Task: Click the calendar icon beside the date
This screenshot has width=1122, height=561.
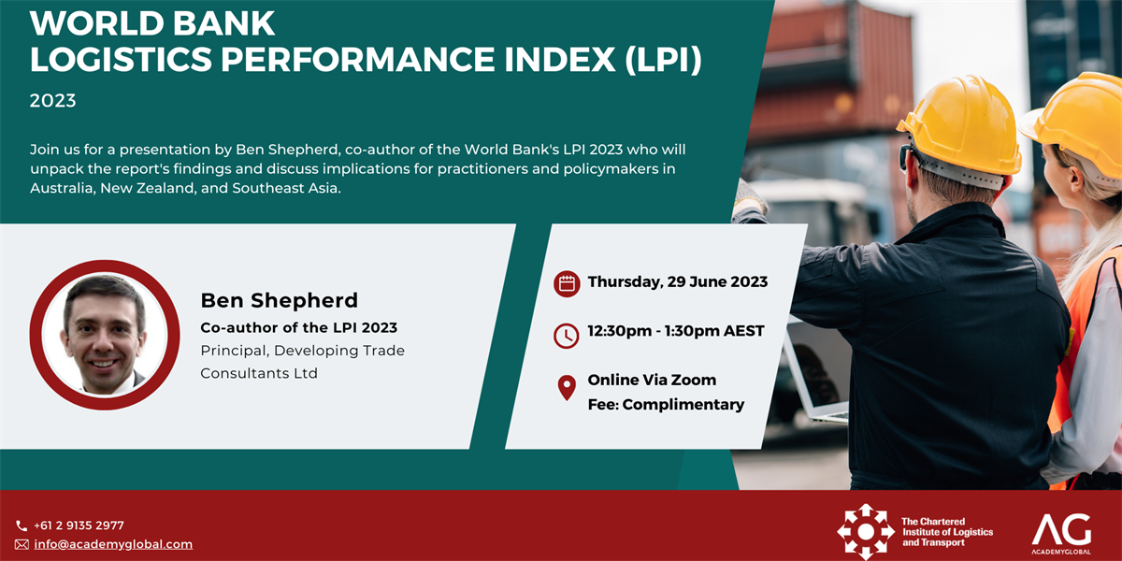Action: (567, 284)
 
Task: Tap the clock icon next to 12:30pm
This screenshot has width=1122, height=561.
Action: (567, 336)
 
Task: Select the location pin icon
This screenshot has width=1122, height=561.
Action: (567, 388)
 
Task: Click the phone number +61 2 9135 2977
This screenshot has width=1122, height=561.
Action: (79, 525)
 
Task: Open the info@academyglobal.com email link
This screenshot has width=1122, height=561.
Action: (113, 544)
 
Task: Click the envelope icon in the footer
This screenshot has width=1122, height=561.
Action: (22, 544)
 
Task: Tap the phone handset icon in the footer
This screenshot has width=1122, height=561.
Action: (22, 525)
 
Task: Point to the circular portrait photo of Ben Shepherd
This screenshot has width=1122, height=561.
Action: (105, 335)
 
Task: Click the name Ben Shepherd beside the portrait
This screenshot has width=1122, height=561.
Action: (279, 300)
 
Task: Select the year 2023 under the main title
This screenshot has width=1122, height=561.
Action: (52, 101)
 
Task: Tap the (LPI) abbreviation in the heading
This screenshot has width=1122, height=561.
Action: (663, 60)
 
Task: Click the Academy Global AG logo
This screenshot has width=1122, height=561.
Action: (1061, 534)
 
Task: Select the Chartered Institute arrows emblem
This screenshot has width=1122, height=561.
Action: (866, 532)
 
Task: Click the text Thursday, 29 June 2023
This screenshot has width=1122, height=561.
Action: (678, 282)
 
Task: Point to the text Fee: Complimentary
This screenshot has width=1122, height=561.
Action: (666, 405)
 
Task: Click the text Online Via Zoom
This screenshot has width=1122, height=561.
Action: (652, 381)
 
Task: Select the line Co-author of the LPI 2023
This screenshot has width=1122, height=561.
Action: (298, 327)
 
